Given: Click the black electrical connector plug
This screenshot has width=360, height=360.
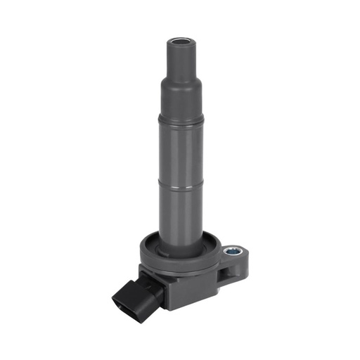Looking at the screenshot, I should coord(131,300).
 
